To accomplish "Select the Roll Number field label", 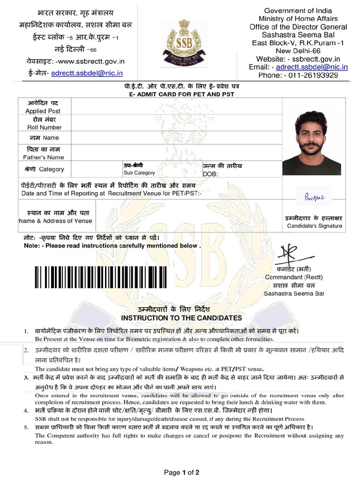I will (44, 127).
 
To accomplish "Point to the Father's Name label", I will (44, 157).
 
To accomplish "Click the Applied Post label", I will (43, 111).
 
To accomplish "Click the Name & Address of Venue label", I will (55, 221).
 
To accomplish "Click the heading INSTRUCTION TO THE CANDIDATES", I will (182, 318).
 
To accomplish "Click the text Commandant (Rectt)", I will (294, 277).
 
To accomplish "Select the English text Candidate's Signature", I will (315, 226).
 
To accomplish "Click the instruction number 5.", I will (26, 427).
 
